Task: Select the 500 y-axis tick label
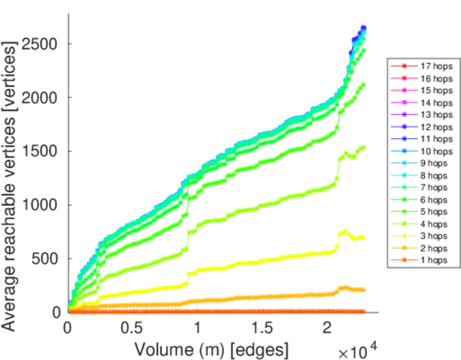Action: tap(50, 259)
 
